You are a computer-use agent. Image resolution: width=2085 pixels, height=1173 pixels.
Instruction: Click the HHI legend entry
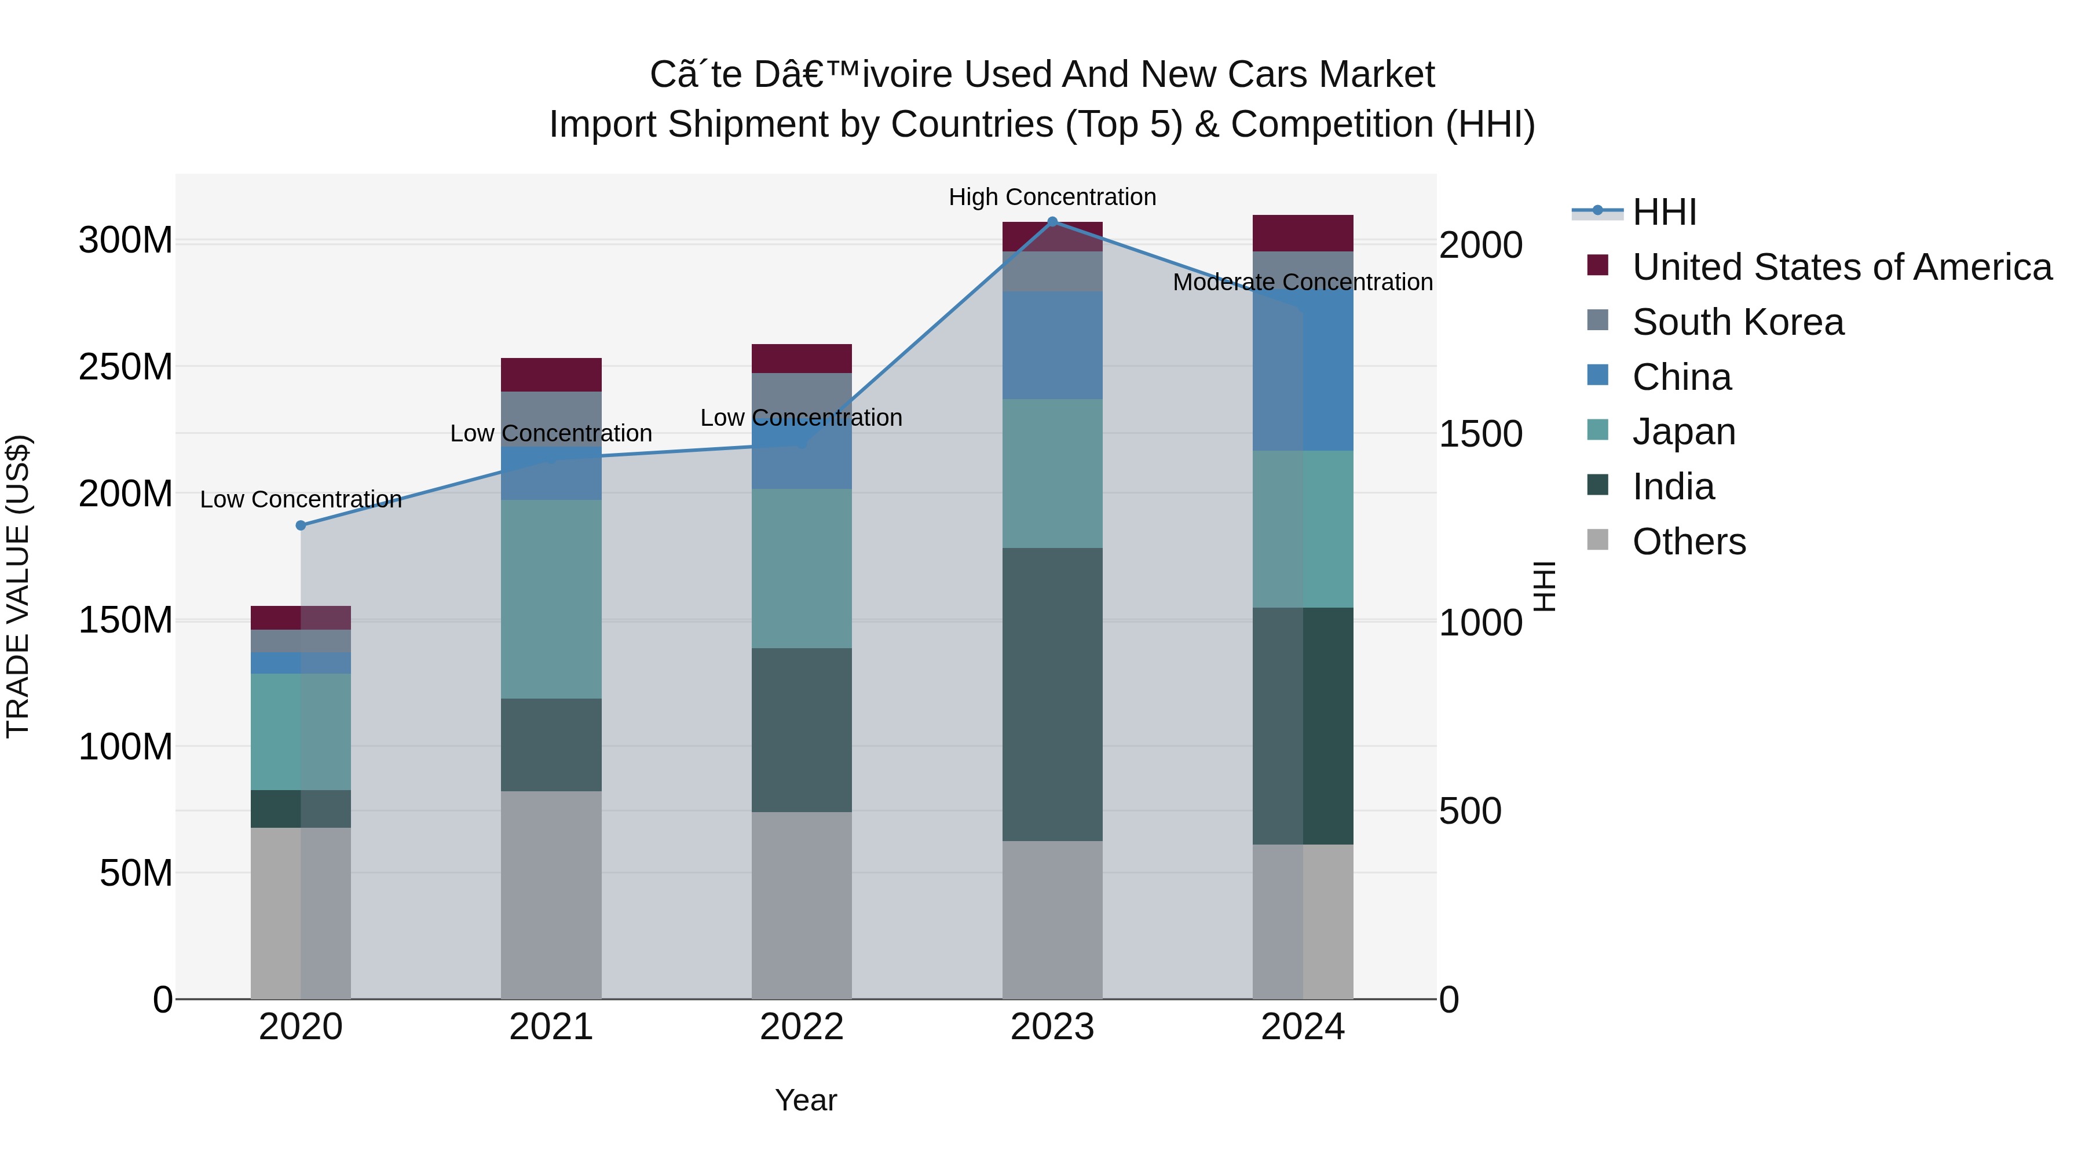pos(1663,212)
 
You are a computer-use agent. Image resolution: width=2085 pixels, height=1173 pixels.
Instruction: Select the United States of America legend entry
pos(1841,267)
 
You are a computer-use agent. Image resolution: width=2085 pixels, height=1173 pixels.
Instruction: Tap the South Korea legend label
pos(1738,322)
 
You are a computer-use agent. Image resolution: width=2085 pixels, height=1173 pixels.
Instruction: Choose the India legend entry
pos(1673,487)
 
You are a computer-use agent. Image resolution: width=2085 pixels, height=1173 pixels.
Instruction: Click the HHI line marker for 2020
pos(301,525)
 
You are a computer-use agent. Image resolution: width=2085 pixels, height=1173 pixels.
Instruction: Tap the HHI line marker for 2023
pos(1052,221)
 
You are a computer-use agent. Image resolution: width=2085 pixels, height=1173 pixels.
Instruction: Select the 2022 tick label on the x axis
pos(802,1027)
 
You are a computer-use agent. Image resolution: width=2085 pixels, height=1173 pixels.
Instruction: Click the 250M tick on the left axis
pos(126,367)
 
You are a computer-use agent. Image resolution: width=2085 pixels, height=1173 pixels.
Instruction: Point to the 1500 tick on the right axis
pos(1480,434)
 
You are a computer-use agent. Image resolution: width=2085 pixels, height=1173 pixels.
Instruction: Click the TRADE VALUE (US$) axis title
pos(18,586)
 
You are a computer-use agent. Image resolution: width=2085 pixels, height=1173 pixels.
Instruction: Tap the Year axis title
pos(806,1100)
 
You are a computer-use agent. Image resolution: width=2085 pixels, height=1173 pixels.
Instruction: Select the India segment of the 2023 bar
pos(1052,694)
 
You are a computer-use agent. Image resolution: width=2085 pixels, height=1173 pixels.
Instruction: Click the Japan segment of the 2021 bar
pos(551,599)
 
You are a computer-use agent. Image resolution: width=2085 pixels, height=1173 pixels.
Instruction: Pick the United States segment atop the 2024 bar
pos(1303,233)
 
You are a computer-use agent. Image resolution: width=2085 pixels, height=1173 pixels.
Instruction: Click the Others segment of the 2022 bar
pos(802,904)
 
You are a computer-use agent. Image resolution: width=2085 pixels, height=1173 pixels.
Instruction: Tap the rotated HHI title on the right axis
pos(1544,586)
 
